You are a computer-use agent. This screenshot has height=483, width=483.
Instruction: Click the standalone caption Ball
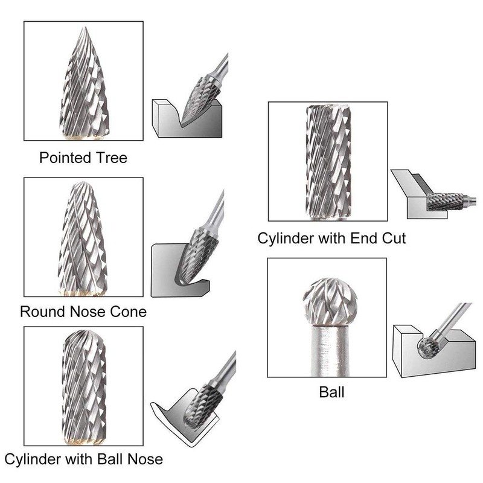pyautogui.click(x=331, y=392)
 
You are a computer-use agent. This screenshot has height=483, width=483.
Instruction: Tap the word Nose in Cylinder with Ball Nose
pyautogui.click(x=144, y=459)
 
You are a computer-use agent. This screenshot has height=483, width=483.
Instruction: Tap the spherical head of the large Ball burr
pyautogui.click(x=328, y=299)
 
